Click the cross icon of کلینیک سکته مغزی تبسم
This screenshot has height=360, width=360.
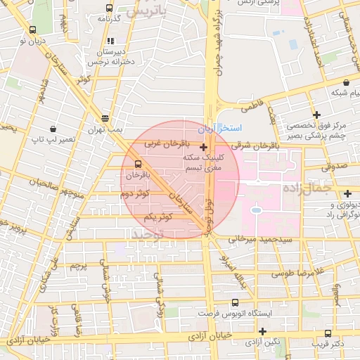point(204,148)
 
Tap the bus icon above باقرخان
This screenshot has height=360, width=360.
point(137,162)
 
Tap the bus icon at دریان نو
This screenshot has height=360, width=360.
point(33,31)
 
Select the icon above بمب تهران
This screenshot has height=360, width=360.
point(105,118)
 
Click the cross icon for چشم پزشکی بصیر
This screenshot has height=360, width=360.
point(317,115)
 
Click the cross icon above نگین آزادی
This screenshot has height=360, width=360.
point(262,331)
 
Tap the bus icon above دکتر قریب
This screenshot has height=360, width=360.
point(328,334)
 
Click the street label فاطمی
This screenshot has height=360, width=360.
point(251,108)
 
